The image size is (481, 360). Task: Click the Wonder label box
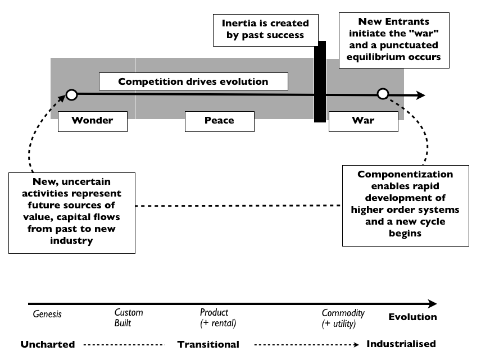click(93, 120)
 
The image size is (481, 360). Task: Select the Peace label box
click(220, 120)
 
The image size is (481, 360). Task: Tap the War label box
click(363, 120)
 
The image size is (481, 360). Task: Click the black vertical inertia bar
click(320, 81)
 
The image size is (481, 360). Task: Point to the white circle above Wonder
click(71, 95)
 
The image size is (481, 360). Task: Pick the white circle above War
click(383, 94)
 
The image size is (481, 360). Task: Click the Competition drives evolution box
click(193, 81)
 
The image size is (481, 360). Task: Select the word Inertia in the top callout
click(240, 24)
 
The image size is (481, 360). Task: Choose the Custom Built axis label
click(129, 317)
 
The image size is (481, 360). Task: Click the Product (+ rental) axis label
click(218, 317)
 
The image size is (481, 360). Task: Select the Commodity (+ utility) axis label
click(343, 318)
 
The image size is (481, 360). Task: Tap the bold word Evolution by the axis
click(412, 317)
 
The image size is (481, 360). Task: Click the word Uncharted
click(48, 344)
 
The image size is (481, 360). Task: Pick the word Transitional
click(208, 344)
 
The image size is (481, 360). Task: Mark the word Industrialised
click(401, 344)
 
